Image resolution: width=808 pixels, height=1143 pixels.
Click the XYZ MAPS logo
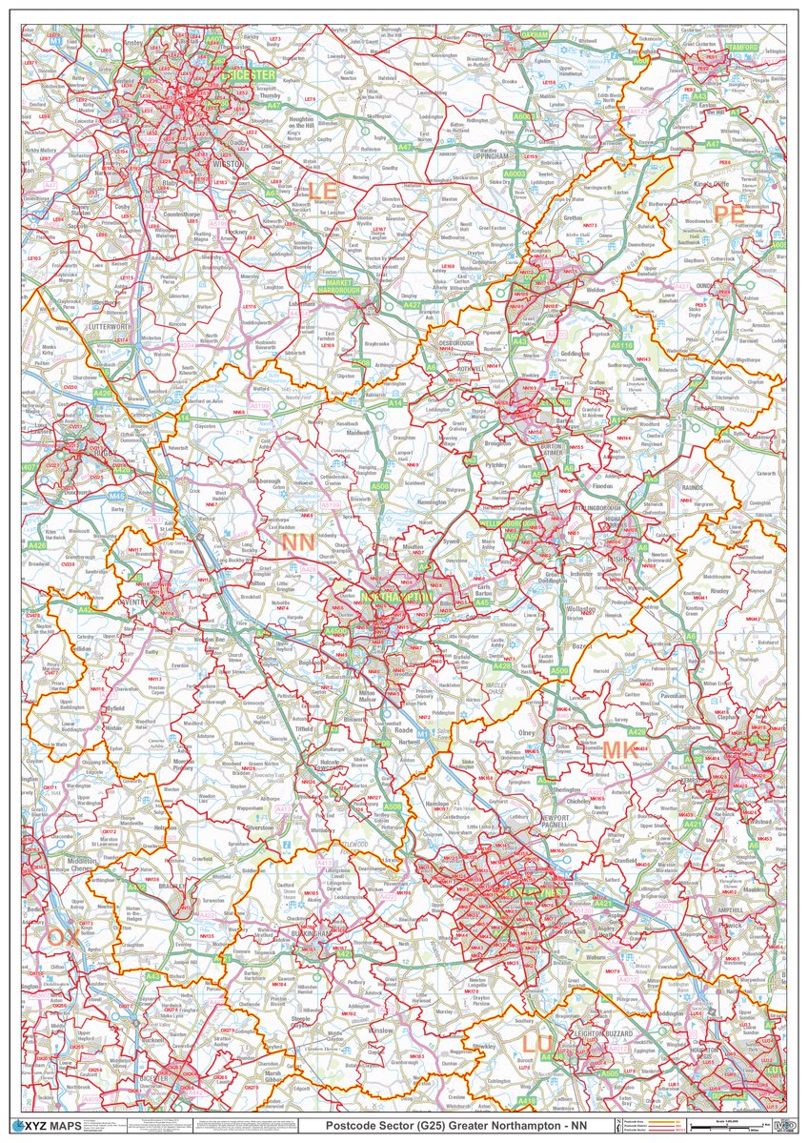50,1126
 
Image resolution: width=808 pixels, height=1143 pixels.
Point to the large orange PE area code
729,214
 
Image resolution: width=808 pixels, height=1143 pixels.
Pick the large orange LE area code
321,192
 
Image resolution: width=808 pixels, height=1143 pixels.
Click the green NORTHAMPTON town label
395,598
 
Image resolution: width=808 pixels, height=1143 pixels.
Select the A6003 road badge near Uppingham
515,174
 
